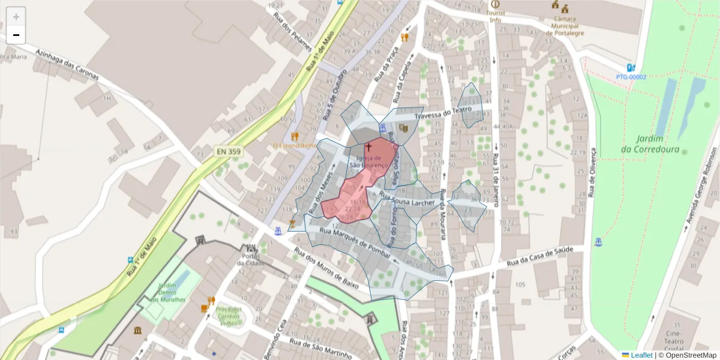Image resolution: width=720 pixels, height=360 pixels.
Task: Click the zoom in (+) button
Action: (16, 17)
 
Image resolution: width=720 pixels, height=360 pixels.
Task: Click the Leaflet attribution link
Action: (641, 355)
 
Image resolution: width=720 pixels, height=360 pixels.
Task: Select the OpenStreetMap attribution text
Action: (691, 355)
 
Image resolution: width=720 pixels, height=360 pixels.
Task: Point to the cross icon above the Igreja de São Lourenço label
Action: (368, 146)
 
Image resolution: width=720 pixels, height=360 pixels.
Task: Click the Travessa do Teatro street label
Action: (443, 113)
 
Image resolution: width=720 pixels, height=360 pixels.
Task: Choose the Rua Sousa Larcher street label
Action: (407, 200)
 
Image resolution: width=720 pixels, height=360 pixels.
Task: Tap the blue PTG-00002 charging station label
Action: (631, 77)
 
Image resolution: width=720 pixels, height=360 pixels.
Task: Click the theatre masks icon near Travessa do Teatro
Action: (403, 128)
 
